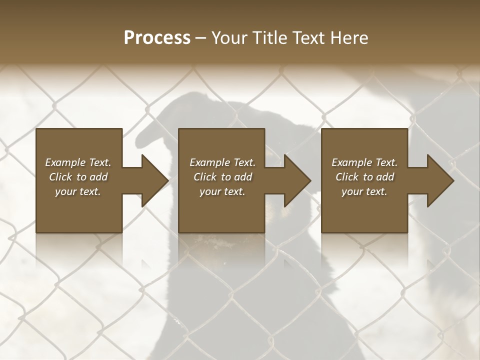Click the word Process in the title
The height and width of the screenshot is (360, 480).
click(157, 38)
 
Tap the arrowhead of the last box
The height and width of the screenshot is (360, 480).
click(439, 180)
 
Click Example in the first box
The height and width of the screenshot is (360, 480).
click(65, 162)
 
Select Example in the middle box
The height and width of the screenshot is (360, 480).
click(209, 162)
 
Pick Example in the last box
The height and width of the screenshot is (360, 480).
click(351, 162)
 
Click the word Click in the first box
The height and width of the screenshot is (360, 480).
click(60, 177)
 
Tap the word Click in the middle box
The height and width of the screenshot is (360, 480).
click(205, 177)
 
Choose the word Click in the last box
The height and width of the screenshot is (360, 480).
click(347, 177)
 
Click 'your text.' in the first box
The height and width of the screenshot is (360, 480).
click(78, 191)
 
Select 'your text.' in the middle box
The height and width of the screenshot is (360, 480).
click(222, 191)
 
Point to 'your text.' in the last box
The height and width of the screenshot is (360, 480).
click(364, 191)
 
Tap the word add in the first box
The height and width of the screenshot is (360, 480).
click(98, 177)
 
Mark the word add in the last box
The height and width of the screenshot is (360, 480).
click(385, 177)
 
